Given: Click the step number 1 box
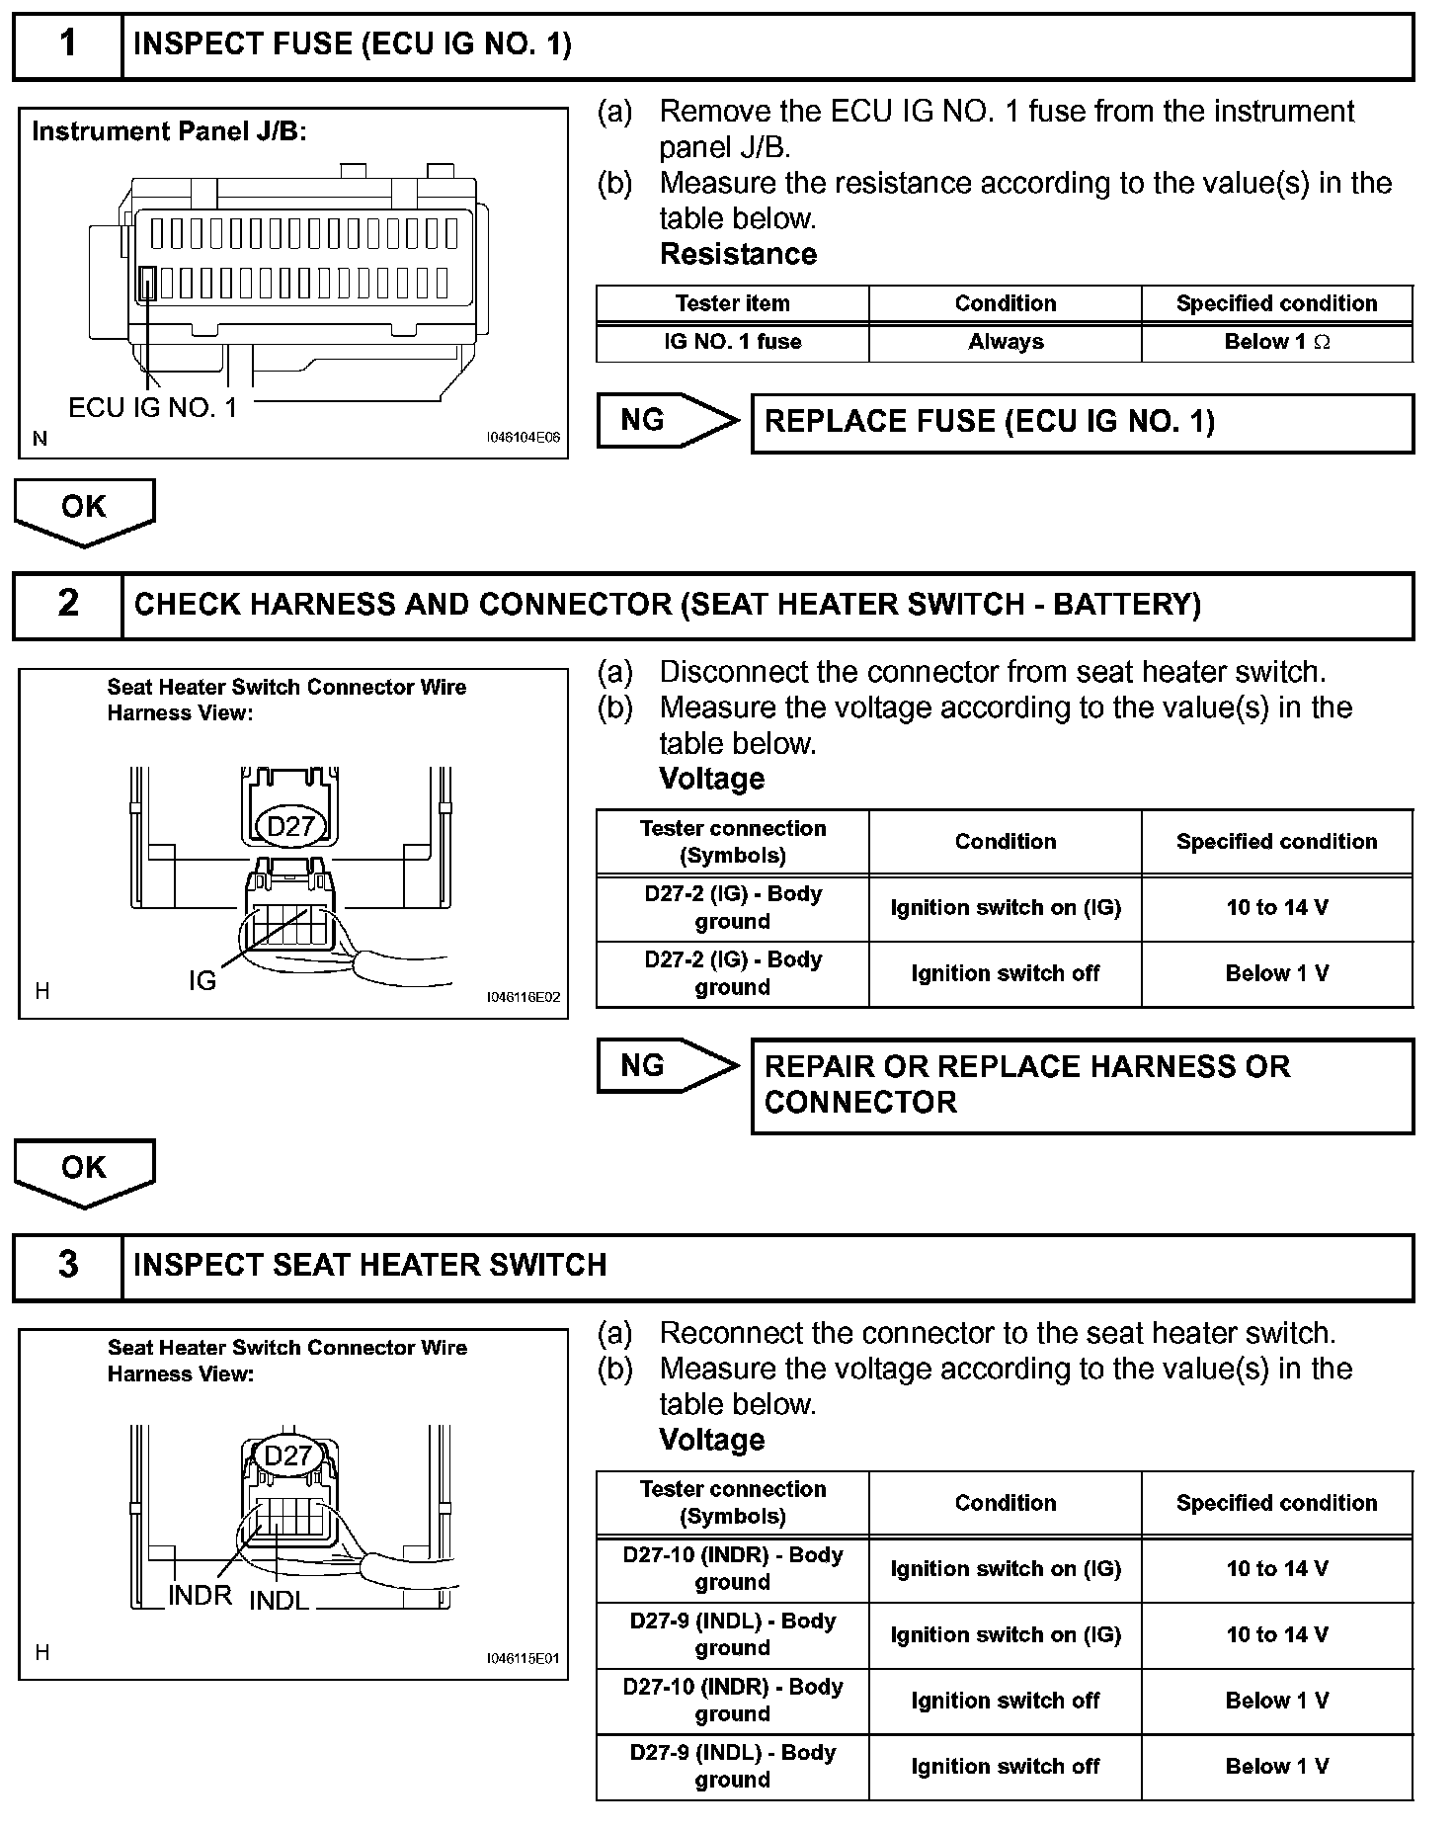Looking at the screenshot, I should (x=67, y=44).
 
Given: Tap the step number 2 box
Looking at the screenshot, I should (x=67, y=604).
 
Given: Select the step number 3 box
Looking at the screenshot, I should (x=67, y=1265).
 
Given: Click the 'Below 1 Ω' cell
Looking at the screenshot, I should (x=1276, y=342).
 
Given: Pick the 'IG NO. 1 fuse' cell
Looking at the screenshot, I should (x=732, y=342).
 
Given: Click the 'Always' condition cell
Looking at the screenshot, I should (x=1006, y=342).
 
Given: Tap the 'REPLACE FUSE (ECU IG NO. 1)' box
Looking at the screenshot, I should (x=1082, y=423).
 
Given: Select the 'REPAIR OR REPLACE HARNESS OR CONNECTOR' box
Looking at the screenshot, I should (x=1082, y=1085).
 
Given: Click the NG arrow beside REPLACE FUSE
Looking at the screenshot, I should (x=667, y=421).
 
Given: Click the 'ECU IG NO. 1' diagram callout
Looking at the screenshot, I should (x=153, y=407).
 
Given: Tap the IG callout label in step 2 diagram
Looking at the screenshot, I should (x=202, y=980).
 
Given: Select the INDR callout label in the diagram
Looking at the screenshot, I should (x=200, y=1595).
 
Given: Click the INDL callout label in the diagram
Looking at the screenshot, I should (x=279, y=1600).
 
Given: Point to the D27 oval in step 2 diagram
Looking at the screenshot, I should (x=290, y=825).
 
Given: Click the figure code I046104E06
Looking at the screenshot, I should (x=523, y=437).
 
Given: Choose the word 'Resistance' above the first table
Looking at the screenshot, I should (x=738, y=254).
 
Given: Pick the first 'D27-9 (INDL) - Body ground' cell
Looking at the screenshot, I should (x=732, y=1634).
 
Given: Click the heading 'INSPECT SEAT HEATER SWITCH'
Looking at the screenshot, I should (x=369, y=1265).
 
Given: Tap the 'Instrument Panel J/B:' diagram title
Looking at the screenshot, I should (x=169, y=131).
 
